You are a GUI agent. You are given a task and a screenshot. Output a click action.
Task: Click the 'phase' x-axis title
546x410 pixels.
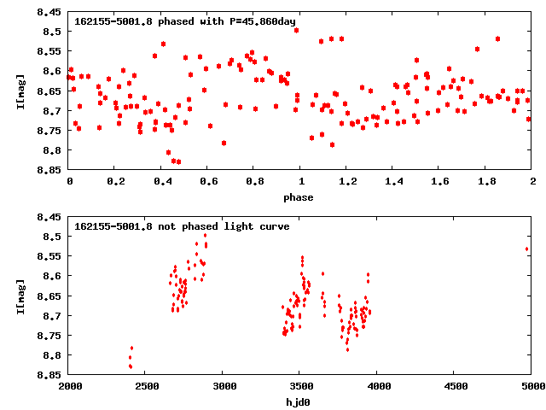(299, 197)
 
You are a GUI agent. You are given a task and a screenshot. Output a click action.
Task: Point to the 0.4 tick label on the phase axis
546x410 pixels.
(161, 181)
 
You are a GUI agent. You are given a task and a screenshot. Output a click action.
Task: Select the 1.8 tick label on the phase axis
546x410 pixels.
(485, 181)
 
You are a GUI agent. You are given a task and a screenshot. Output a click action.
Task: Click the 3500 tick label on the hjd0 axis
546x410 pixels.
(299, 386)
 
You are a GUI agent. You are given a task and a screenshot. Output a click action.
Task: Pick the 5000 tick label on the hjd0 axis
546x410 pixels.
(531, 386)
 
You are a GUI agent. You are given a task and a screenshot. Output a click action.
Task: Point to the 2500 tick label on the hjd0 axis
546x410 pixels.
(146, 386)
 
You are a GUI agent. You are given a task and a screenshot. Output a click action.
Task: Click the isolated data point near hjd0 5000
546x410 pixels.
(527, 249)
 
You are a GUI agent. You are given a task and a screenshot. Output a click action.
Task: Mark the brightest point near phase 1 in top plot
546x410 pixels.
(296, 30)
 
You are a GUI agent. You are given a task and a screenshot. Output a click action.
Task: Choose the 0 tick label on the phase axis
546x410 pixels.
(70, 181)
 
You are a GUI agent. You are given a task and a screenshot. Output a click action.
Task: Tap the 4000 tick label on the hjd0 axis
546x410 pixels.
(376, 386)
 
